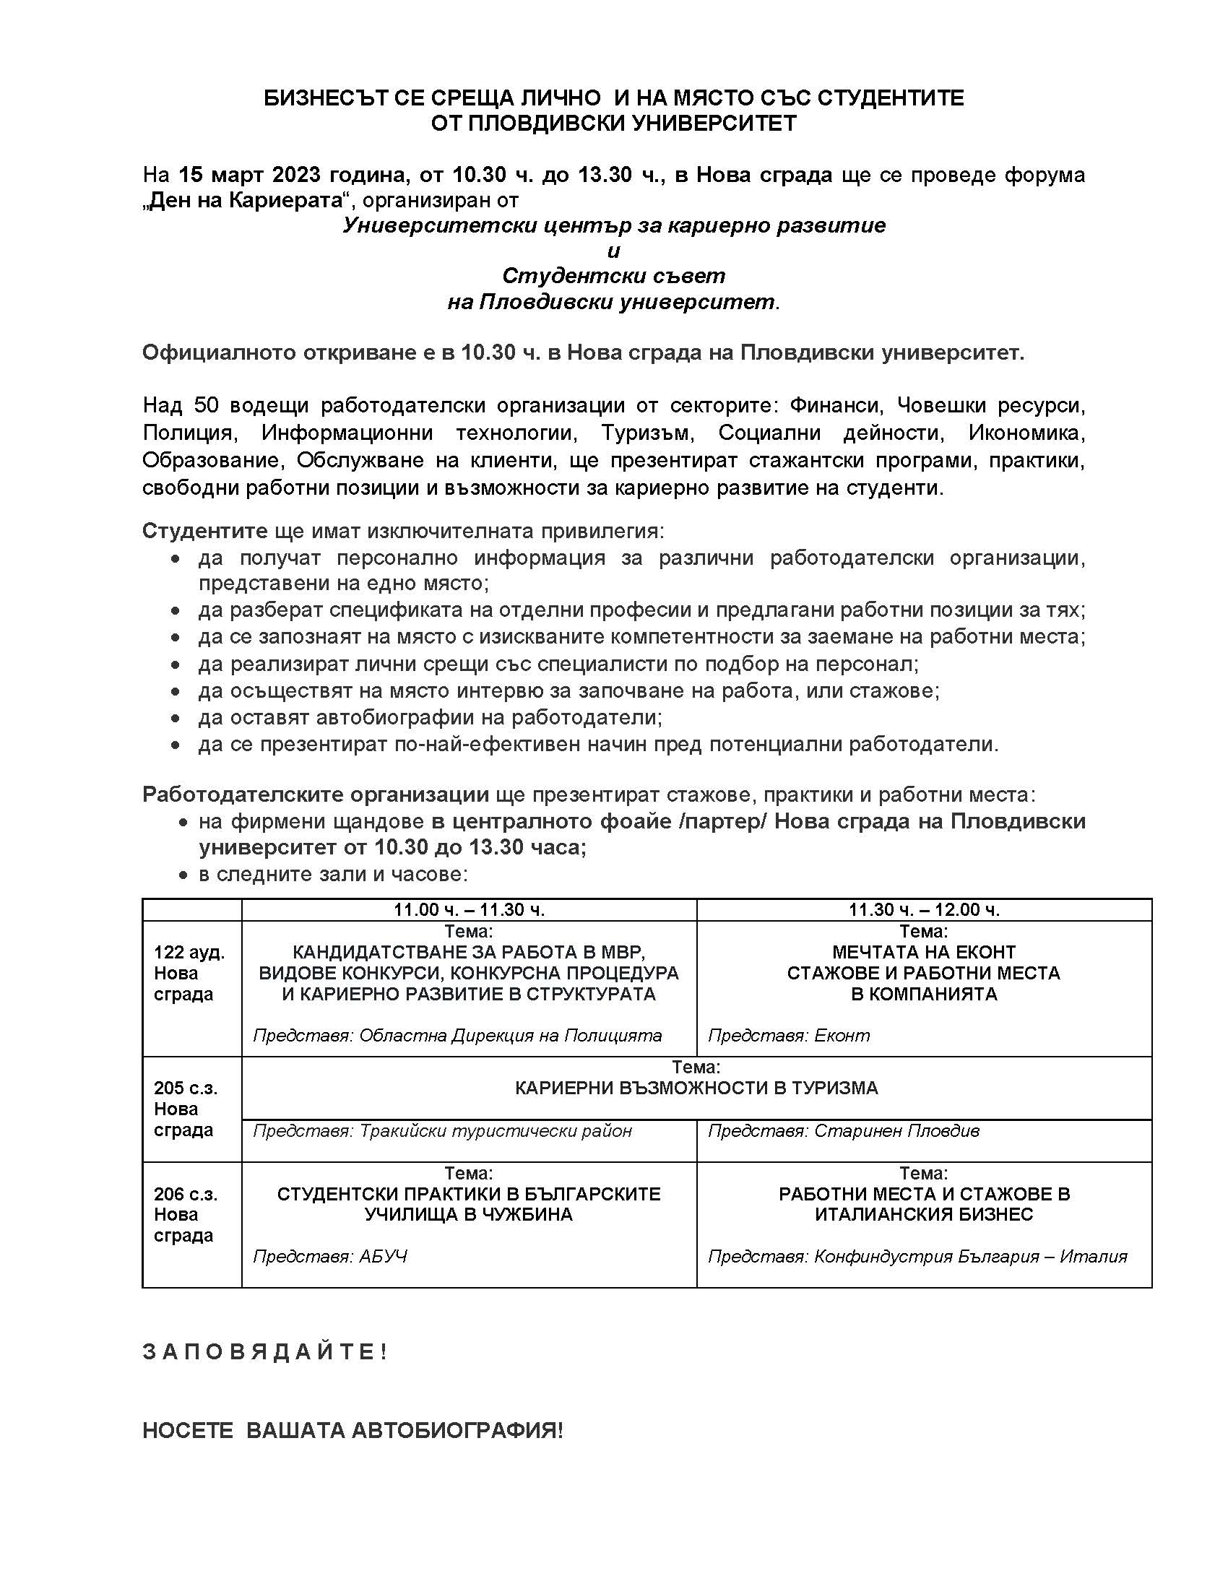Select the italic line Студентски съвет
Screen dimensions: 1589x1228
click(613, 276)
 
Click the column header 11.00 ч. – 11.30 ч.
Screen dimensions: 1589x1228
click(470, 909)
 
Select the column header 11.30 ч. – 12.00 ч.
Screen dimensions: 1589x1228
click(924, 909)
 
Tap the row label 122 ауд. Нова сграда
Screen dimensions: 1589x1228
click(189, 974)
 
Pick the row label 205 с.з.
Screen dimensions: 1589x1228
click(186, 1088)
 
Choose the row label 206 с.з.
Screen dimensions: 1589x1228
click(186, 1194)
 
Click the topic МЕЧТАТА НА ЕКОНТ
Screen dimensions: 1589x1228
click(924, 952)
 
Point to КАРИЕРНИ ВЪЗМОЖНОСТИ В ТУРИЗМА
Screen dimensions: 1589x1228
click(696, 1088)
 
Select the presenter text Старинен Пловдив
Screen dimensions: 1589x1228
click(896, 1130)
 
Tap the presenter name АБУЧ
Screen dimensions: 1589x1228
click(383, 1257)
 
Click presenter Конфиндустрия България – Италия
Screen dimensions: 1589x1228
click(970, 1257)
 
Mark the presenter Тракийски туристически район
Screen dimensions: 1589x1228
click(496, 1130)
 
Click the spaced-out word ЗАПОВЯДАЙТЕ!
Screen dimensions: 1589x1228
click(266, 1353)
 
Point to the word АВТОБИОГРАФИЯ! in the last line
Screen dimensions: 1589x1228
click(457, 1431)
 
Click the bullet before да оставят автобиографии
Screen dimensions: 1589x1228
click(175, 718)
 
